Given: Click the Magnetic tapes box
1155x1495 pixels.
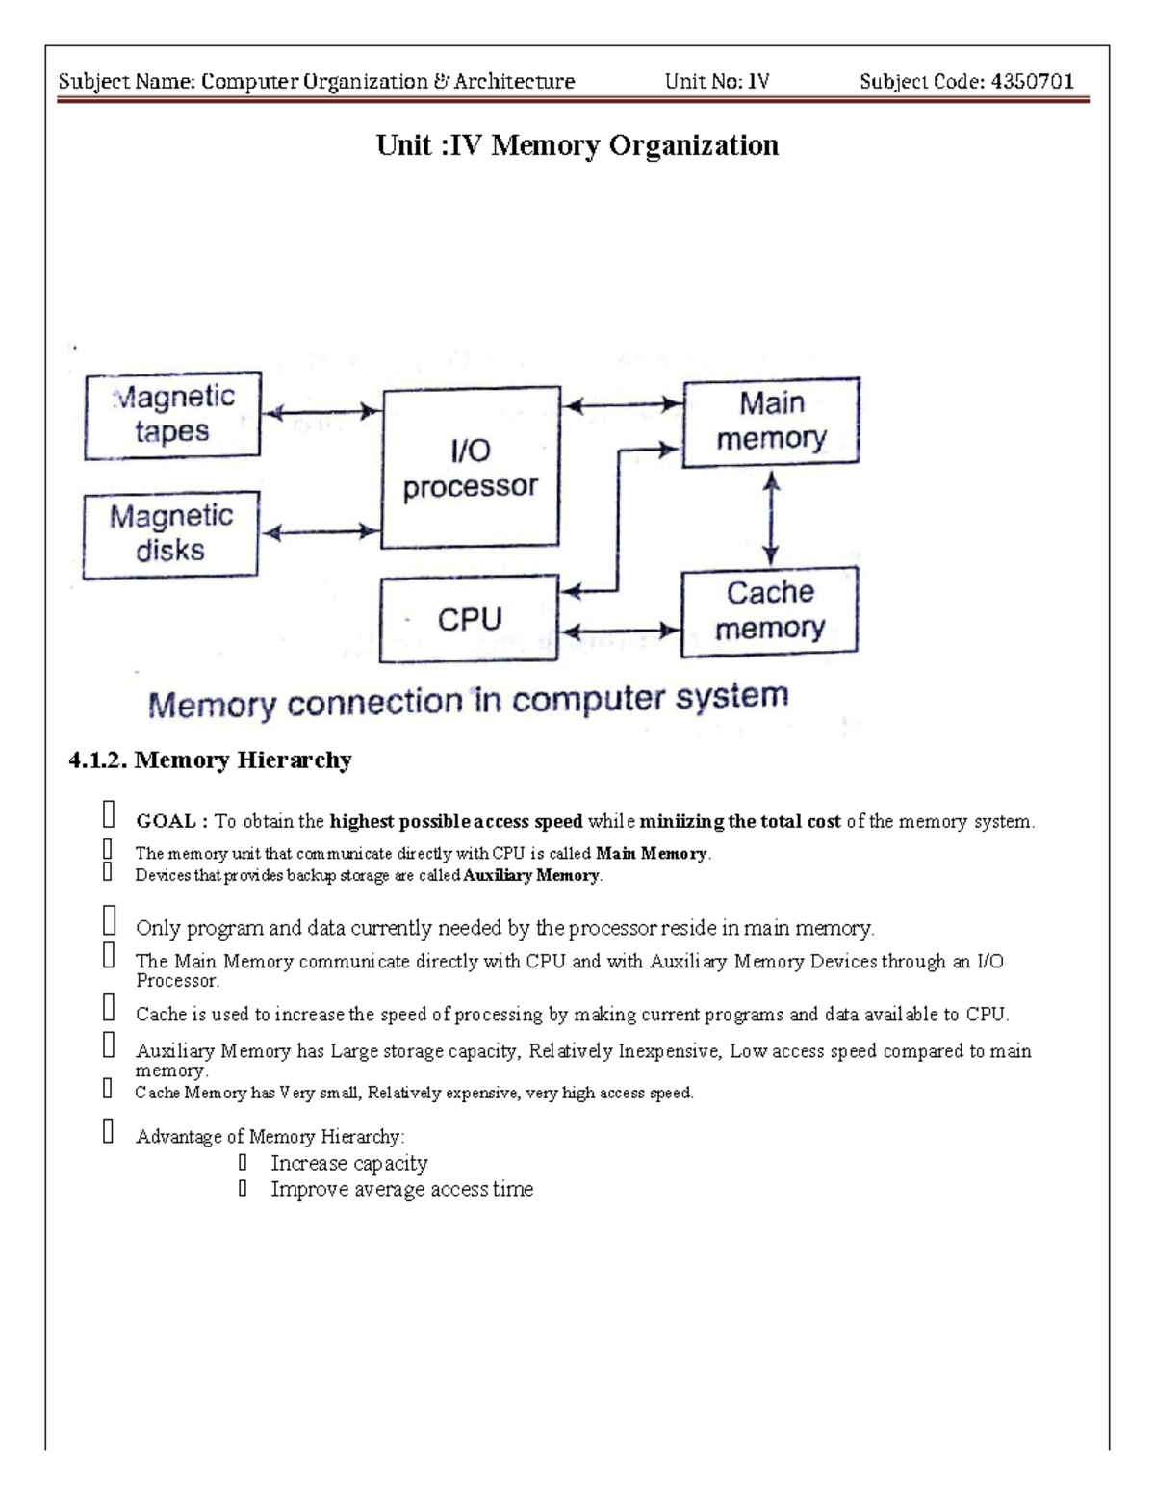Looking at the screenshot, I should pyautogui.click(x=172, y=415).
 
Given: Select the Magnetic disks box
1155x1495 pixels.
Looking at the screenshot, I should pyautogui.click(x=170, y=534).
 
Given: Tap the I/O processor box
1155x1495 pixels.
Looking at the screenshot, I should pyautogui.click(x=471, y=468).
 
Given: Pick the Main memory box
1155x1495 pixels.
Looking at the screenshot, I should pyautogui.click(x=771, y=422).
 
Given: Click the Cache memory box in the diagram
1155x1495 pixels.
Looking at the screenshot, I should pyautogui.click(x=769, y=610).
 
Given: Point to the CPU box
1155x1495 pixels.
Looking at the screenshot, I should pyautogui.click(x=469, y=619).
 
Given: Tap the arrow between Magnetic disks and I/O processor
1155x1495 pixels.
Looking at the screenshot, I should pyautogui.click(x=321, y=531).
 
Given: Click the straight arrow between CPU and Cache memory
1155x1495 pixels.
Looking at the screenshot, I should pyautogui.click(x=620, y=632).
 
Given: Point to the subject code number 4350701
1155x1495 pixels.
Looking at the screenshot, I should pyautogui.click(x=1032, y=82).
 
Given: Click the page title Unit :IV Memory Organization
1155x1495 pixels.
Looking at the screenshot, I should pyautogui.click(x=577, y=145).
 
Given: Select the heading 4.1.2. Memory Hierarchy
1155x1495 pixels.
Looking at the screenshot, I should pyautogui.click(x=210, y=760).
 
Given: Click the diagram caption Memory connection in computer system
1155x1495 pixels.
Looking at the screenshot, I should pyautogui.click(x=468, y=700).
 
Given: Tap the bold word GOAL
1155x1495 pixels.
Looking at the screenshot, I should pyautogui.click(x=166, y=821).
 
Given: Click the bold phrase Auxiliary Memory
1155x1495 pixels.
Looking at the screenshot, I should pyautogui.click(x=531, y=876).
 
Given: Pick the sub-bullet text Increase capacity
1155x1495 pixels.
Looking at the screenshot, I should pyautogui.click(x=349, y=1163).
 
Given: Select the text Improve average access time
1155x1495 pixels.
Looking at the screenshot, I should pyautogui.click(x=401, y=1189).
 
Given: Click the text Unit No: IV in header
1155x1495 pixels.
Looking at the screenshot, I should pyautogui.click(x=717, y=82).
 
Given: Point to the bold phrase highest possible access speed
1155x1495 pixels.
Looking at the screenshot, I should pyautogui.click(x=455, y=821).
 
